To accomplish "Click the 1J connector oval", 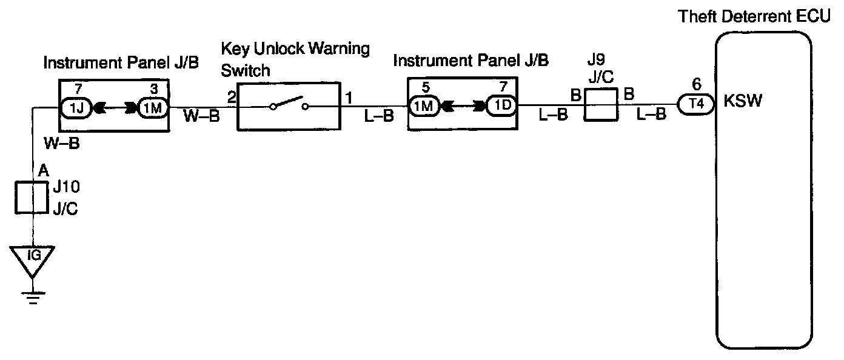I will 75,108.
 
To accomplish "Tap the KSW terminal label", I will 743,101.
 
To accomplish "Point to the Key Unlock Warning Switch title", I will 295,59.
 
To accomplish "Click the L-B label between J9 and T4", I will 652,115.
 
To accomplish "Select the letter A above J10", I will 43,172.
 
